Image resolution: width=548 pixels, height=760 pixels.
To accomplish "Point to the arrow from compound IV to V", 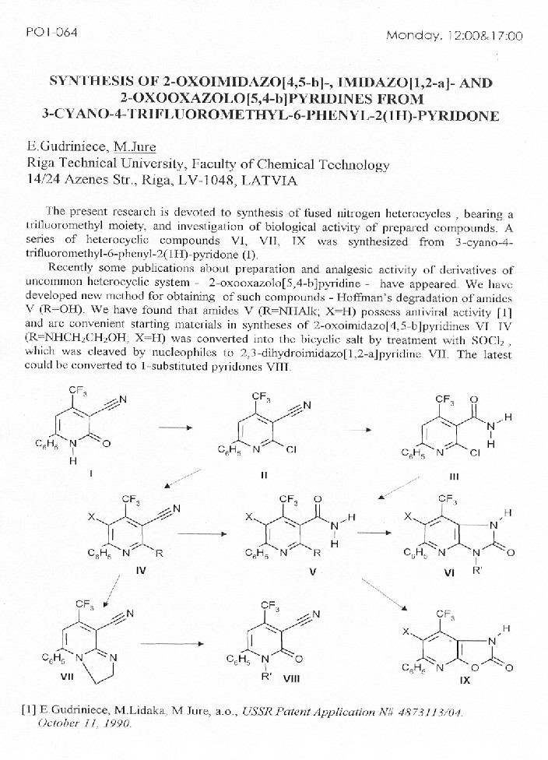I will tap(200, 534).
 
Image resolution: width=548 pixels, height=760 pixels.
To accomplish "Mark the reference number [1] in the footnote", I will tap(29, 710).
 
